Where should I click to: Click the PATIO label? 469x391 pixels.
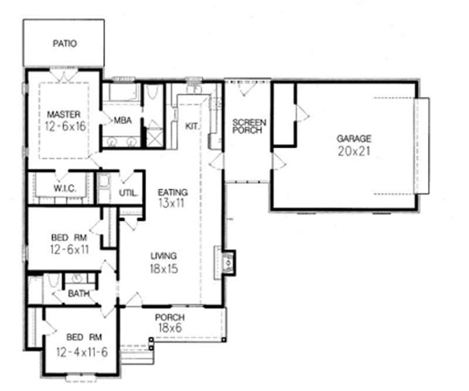[65, 43]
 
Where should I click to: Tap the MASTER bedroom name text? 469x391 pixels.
[64, 114]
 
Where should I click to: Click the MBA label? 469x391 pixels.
[123, 121]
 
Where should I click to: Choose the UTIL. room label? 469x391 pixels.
[128, 192]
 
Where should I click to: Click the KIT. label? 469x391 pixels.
[193, 126]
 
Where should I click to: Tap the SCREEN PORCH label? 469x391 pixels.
[249, 126]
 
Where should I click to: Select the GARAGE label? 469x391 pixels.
[354, 139]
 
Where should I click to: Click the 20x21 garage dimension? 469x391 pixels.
[354, 151]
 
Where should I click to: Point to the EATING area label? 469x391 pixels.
[173, 192]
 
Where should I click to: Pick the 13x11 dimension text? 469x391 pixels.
[173, 204]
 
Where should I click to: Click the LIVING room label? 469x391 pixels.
[164, 256]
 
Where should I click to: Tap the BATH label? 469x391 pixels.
[78, 294]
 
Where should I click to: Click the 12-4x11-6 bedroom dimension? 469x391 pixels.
[82, 352]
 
